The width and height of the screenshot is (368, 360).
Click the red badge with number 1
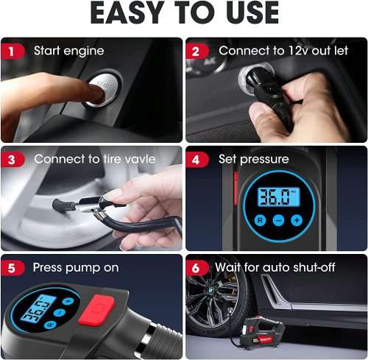coord(12,51)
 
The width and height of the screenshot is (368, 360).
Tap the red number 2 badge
coord(197,51)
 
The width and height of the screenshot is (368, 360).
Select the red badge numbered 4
coord(197,159)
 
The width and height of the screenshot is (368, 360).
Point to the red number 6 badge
coord(197,267)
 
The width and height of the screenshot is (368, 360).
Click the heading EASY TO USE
coord(184,14)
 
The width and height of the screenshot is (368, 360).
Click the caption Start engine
coord(68,51)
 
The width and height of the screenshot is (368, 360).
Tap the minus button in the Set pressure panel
coord(278,220)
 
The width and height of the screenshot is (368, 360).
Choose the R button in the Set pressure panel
coord(260,220)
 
